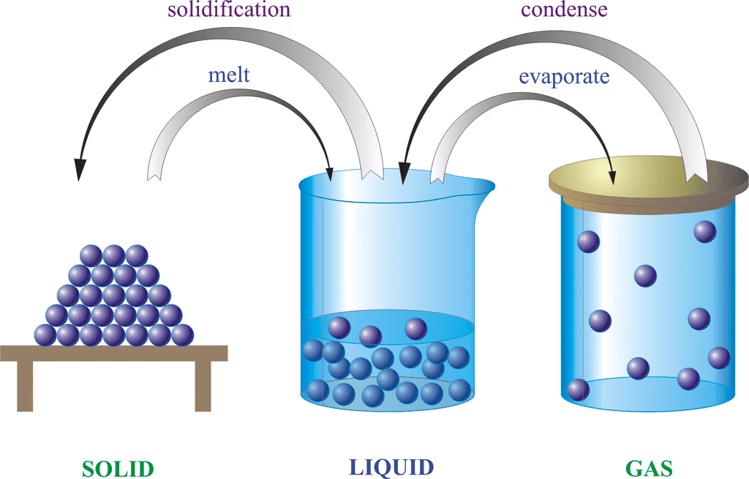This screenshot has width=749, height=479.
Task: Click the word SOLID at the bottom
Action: pyautogui.click(x=118, y=467)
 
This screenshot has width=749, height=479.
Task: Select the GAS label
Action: pyautogui.click(x=649, y=467)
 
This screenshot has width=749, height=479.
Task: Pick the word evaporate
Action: pyautogui.click(x=564, y=76)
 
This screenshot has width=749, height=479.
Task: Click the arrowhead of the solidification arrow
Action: pyautogui.click(x=79, y=170)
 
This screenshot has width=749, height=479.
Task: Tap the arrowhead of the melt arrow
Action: pyautogui.click(x=330, y=173)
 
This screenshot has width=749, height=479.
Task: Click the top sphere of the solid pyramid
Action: pyautogui.click(x=113, y=255)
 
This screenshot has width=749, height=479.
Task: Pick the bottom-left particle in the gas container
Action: pyautogui.click(x=579, y=390)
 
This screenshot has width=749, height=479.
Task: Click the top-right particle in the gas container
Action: pyautogui.click(x=705, y=232)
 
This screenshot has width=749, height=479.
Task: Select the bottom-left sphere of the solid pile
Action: pyautogui.click(x=45, y=335)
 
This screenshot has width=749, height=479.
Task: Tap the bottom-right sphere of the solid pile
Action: pyautogui.click(x=182, y=335)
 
